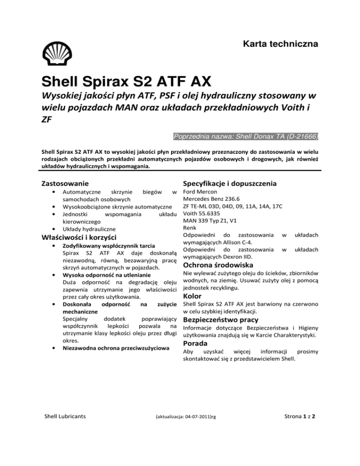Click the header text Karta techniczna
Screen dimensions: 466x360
point(280,45)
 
